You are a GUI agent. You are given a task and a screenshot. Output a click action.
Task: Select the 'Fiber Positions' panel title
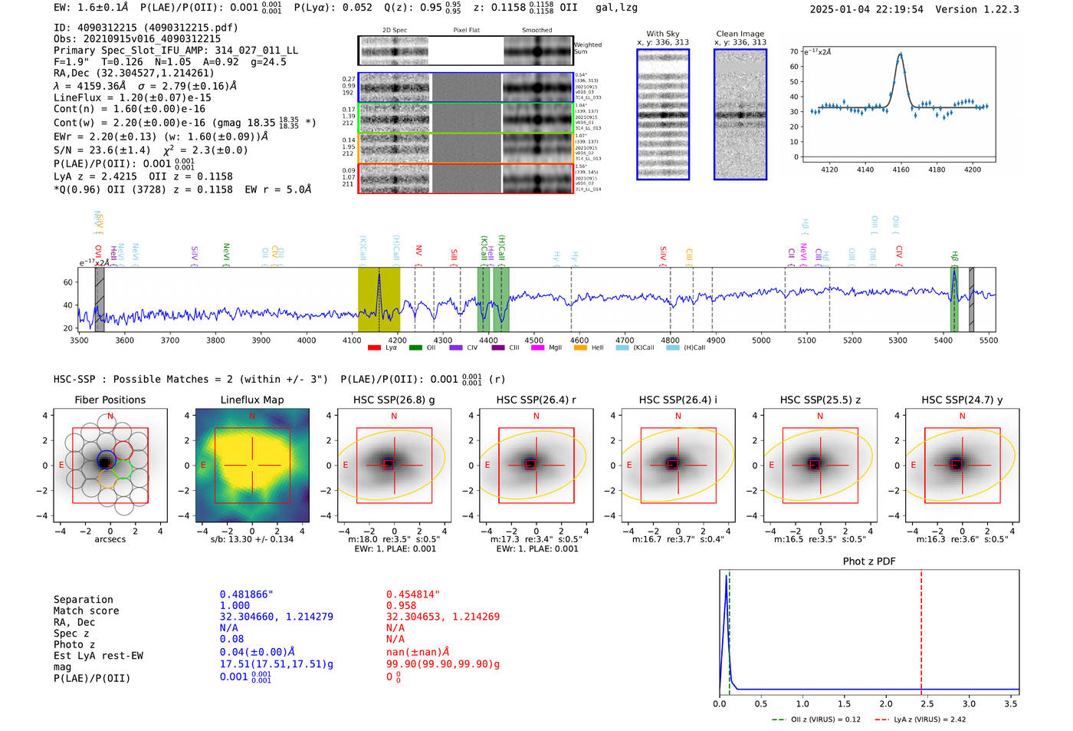(110, 400)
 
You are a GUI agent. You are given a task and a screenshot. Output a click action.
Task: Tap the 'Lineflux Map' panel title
(252, 400)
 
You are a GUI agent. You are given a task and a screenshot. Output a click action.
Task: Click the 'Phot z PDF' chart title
(869, 561)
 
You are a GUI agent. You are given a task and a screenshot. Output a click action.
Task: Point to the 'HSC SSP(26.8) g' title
(394, 400)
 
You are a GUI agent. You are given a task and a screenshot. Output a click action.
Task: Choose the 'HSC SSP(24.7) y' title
(962, 400)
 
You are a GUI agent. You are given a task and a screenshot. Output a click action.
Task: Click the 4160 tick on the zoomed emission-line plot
(901, 170)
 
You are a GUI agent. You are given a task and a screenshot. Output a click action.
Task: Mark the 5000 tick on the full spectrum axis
(761, 340)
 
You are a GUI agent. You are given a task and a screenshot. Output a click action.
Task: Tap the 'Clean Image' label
(740, 34)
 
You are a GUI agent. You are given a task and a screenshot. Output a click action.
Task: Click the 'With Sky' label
(662, 34)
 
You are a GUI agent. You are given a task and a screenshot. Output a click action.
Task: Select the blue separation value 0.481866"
(246, 594)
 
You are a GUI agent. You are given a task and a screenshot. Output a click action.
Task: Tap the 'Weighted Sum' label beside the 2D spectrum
(588, 48)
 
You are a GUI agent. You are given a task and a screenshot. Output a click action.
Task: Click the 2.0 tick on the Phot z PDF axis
(885, 703)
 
